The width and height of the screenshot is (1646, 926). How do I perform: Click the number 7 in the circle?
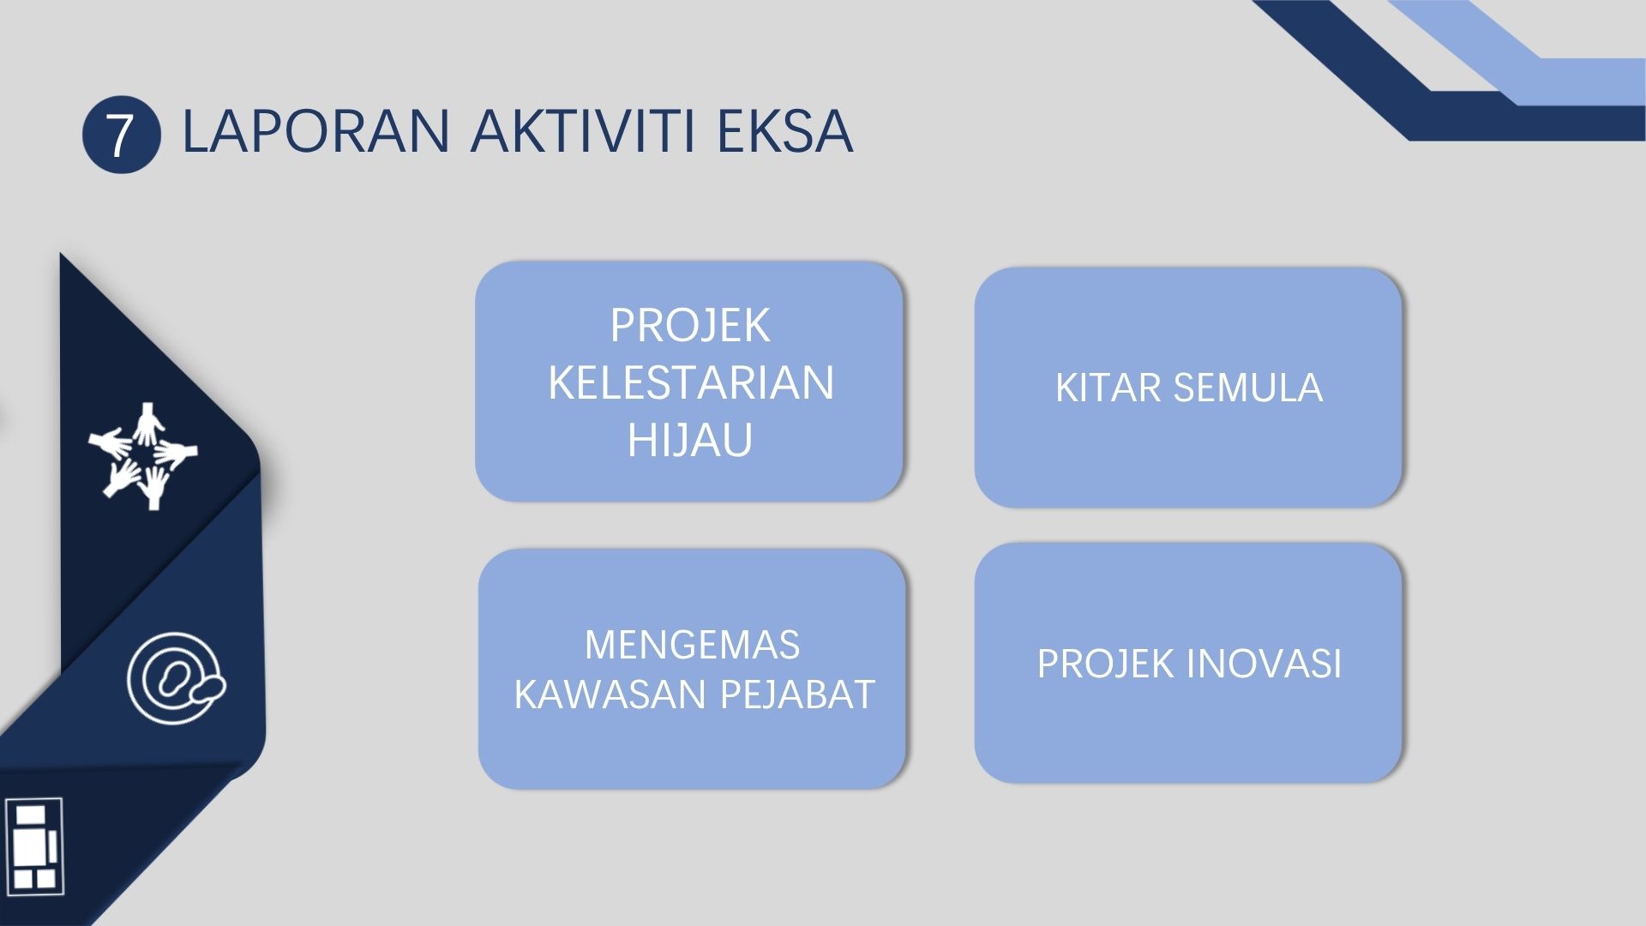pos(122,135)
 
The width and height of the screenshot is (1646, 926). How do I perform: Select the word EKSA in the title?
pos(784,131)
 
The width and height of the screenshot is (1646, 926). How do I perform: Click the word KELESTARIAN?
pos(691,382)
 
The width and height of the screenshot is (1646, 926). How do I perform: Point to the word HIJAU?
pos(690,440)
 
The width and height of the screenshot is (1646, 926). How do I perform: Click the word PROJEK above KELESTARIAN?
pos(690,326)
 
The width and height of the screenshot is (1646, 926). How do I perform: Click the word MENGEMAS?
pos(692,645)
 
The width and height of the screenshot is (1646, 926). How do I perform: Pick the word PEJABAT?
pos(797,694)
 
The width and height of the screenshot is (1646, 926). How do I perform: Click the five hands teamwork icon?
pos(143,455)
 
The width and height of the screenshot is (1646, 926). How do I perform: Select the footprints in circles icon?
pos(177,677)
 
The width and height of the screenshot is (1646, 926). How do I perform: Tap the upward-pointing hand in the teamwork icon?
pos(149,424)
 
